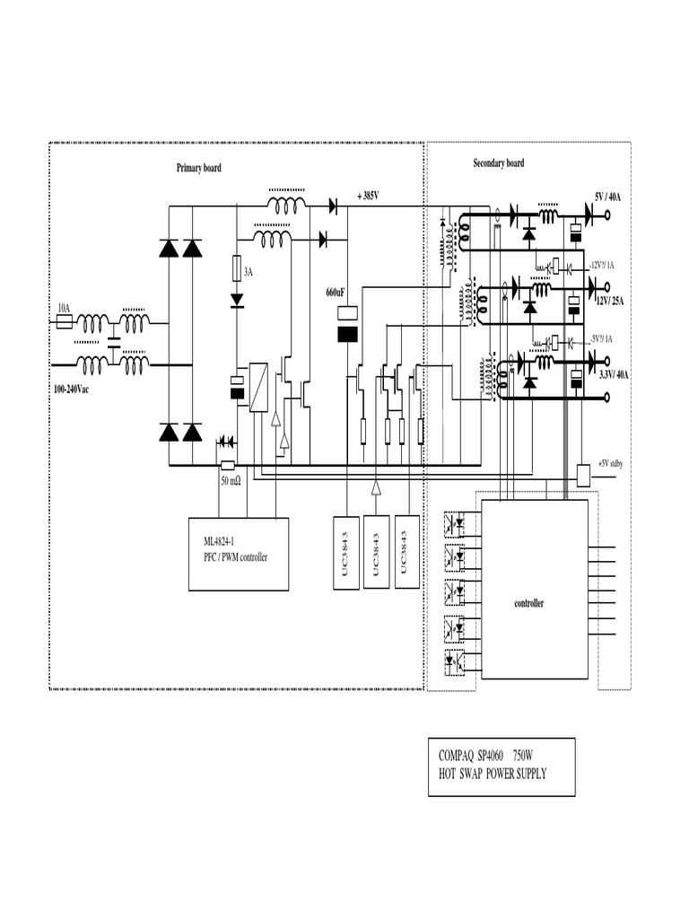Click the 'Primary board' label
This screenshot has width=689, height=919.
[198, 168]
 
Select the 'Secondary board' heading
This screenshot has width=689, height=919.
[499, 163]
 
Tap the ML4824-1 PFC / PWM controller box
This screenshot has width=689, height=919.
[239, 553]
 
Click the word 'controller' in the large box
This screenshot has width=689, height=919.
[528, 604]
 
